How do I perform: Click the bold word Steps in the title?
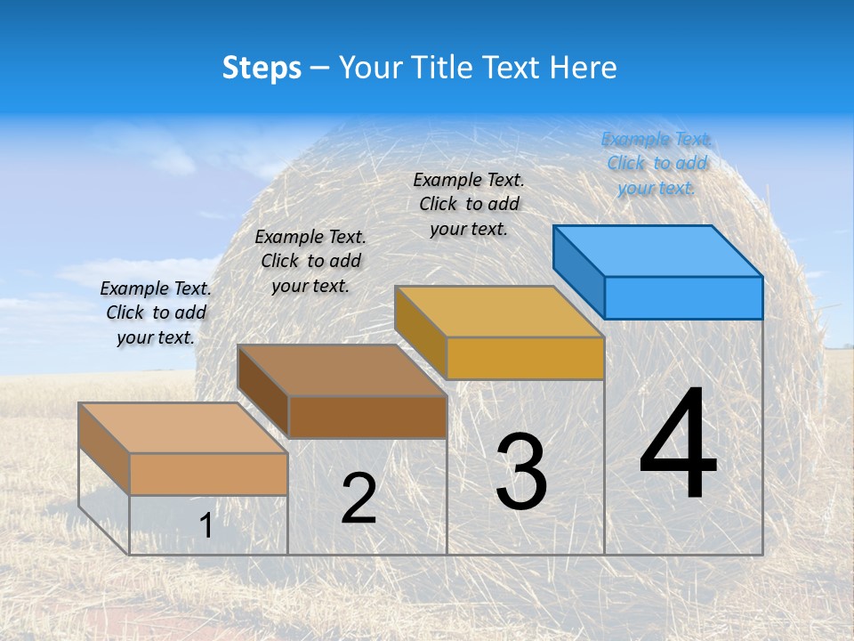(x=262, y=68)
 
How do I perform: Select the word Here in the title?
(x=583, y=68)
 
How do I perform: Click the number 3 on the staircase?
(x=521, y=472)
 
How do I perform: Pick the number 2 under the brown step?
(x=359, y=499)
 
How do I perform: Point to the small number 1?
(x=205, y=525)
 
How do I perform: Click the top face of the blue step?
(x=658, y=251)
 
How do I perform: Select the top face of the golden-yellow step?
(x=500, y=312)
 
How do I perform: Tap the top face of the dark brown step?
(x=342, y=370)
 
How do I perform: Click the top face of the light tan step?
(x=183, y=428)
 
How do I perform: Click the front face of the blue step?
(x=683, y=297)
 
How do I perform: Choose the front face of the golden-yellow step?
(x=525, y=358)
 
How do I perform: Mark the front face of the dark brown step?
(x=367, y=417)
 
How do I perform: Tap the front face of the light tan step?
(x=208, y=474)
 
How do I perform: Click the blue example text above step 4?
(x=657, y=163)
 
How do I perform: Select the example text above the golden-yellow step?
(x=469, y=204)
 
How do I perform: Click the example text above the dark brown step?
(x=310, y=261)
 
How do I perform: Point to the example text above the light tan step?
(x=156, y=312)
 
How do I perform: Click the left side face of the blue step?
(x=579, y=272)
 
